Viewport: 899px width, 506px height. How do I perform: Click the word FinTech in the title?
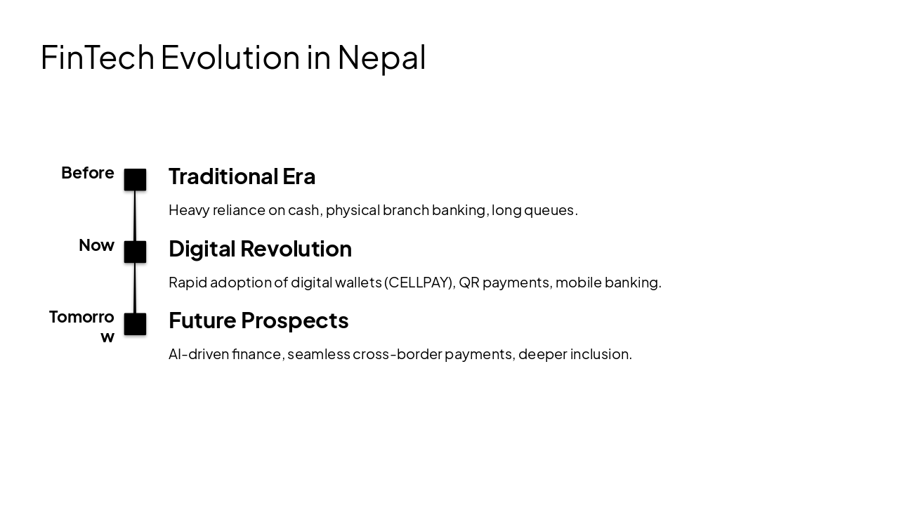(x=97, y=57)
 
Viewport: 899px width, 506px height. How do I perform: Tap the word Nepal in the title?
(x=381, y=57)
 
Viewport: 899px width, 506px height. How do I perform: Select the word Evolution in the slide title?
(x=230, y=57)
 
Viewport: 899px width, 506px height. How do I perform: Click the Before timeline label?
(x=87, y=173)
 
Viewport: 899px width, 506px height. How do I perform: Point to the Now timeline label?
(x=96, y=245)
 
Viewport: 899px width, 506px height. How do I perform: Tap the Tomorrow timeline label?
(x=81, y=326)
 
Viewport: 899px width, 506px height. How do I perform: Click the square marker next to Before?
(x=135, y=180)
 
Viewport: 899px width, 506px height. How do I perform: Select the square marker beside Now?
(x=135, y=252)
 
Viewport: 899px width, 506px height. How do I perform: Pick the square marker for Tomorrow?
(x=135, y=324)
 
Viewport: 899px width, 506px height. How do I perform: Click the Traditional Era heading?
(x=242, y=176)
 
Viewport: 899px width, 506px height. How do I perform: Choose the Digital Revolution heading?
(x=260, y=249)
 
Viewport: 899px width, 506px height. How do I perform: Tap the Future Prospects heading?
(x=258, y=320)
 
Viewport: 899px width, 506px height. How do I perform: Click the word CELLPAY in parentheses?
(x=419, y=283)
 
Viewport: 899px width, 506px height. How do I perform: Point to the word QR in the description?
(x=468, y=283)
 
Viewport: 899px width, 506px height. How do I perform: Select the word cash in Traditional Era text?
(x=303, y=210)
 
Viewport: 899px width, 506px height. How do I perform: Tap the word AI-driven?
(x=199, y=354)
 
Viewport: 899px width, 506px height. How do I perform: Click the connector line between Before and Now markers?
(x=135, y=216)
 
